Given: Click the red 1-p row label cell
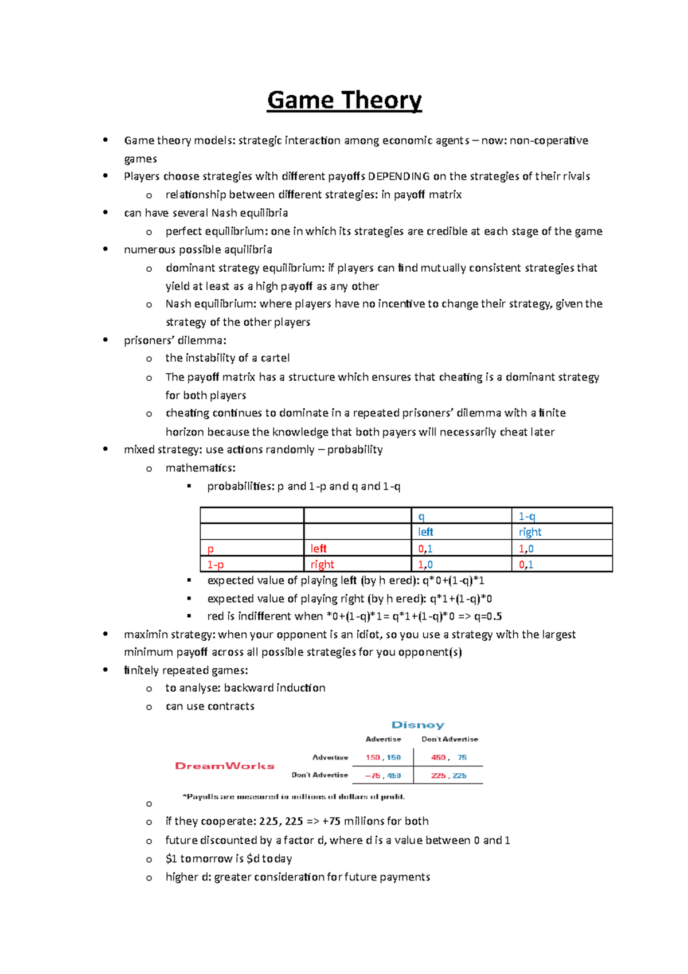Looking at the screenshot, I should [216, 564].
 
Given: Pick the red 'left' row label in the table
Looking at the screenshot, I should [318, 548].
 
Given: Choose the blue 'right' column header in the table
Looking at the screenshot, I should [530, 532].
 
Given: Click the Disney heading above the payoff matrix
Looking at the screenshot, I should [418, 725].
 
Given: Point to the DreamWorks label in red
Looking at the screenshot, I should [225, 766].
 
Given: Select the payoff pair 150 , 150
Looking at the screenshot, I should [383, 758].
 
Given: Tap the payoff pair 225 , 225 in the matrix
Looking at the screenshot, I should [448, 776].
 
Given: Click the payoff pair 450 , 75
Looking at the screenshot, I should [448, 758].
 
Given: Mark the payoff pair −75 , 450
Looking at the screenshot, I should [383, 776].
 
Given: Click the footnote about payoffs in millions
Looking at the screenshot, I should [294, 797].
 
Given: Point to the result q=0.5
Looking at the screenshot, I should [487, 616].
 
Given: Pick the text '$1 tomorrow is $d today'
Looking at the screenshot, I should [229, 859].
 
